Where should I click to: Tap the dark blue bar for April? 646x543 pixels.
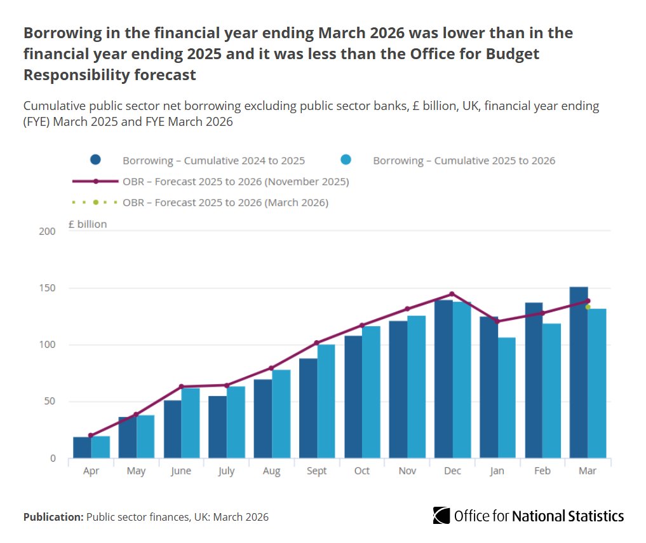coord(82,447)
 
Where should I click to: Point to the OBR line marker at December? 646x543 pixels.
coord(452,294)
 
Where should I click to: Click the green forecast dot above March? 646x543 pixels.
coord(588,307)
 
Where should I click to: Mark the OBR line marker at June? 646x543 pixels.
coord(181,386)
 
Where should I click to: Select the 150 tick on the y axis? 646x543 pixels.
coord(47,288)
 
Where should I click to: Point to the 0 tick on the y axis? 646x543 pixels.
coord(53,458)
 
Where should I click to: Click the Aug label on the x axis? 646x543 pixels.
coord(271,471)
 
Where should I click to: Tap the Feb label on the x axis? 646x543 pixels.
coord(542,471)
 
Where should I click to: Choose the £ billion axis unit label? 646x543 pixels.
coord(88,224)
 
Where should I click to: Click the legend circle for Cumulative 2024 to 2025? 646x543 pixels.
coord(95,160)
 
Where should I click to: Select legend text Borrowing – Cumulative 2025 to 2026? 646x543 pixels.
coord(464,160)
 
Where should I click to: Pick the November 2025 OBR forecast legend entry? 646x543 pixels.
coord(236,182)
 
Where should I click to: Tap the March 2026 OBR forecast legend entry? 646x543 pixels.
coord(225,203)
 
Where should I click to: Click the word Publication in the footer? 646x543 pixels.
coord(53,517)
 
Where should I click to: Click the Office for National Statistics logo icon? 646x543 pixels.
coord(441,515)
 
